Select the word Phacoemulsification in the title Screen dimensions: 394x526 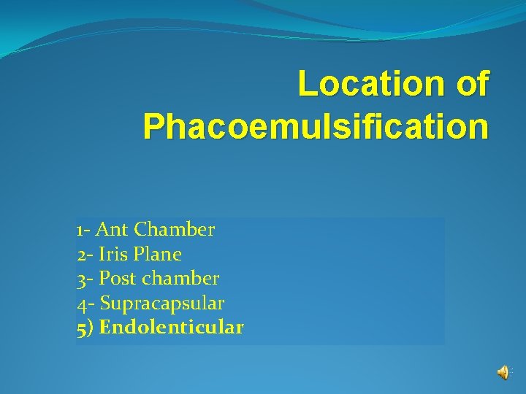316,126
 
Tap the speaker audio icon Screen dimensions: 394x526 503,372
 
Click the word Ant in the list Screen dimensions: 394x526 112,230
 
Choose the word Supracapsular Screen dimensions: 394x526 161,303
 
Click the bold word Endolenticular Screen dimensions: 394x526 171,327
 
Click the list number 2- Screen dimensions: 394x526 84,254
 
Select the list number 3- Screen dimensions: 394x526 84,278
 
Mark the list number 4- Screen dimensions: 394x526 85,303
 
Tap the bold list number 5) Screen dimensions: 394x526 85,327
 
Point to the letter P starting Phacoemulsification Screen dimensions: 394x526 154,126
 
